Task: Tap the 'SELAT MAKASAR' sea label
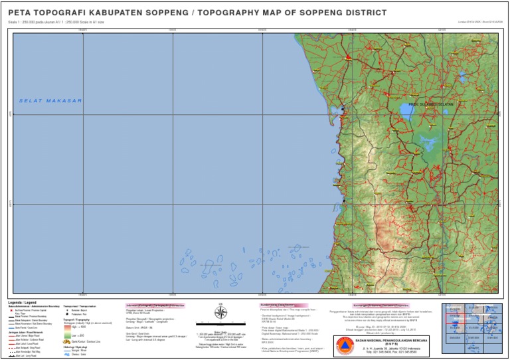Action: pyautogui.click(x=50, y=101)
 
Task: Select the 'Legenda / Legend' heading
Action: pyautogui.click(x=23, y=303)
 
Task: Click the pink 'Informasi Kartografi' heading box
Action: pyautogui.click(x=154, y=306)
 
